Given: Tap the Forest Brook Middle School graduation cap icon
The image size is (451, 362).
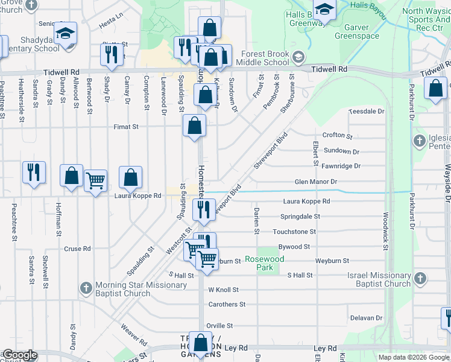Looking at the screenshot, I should pos(297,58).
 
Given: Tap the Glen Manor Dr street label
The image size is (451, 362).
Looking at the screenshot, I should pos(315,182).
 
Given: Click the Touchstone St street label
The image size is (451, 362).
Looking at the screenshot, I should pos(294,232).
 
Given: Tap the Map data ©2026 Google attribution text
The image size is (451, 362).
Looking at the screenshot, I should pos(414,357).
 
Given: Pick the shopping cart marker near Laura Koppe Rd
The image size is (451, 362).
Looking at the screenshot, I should pos(96,180).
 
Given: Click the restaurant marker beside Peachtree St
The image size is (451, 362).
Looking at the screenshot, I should pos(34,172).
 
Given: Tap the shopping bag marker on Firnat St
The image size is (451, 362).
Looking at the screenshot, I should pos(195,125).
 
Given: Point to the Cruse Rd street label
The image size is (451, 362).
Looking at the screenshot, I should pos(77,249).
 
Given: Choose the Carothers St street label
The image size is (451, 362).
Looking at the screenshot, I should pos(227,305).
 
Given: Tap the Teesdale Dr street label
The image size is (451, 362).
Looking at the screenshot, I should pos(367,112).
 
